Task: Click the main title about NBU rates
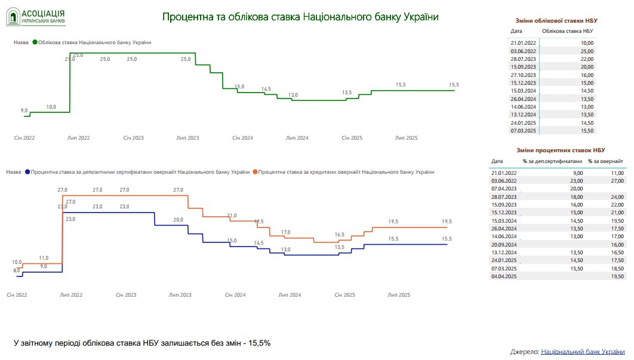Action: (x=300, y=17)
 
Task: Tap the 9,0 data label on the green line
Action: (x=24, y=110)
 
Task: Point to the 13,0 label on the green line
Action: (x=293, y=95)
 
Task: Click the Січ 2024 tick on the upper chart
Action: (x=243, y=138)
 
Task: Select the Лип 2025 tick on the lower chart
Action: (x=399, y=295)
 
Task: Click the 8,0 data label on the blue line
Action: (x=16, y=270)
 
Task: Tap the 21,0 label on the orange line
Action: (x=232, y=216)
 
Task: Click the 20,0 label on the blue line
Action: (x=178, y=220)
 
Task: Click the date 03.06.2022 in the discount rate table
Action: (x=524, y=51)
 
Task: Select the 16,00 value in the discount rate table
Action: (x=587, y=75)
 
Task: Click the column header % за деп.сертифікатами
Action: (x=551, y=161)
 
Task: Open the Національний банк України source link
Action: (x=583, y=352)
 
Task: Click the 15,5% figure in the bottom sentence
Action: (x=260, y=343)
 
